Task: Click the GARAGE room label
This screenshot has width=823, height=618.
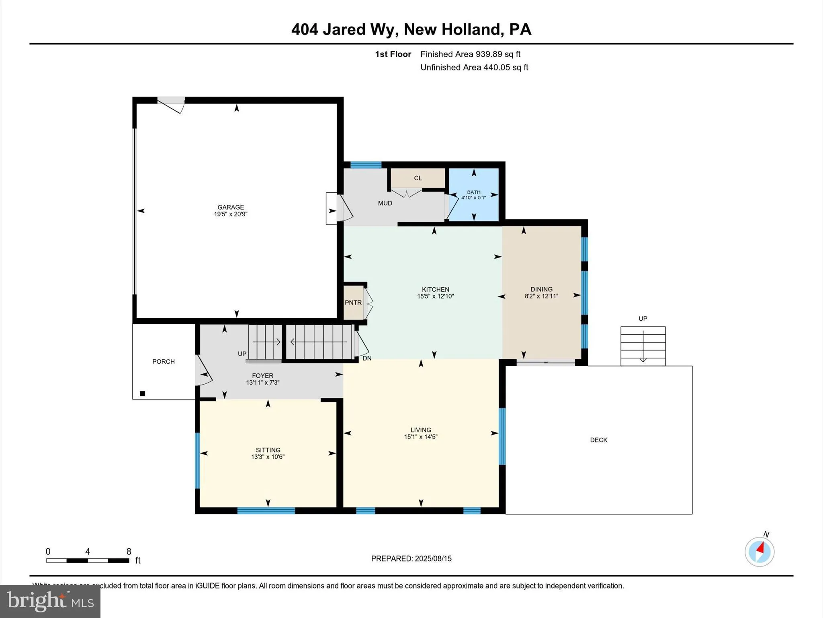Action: [x=231, y=207]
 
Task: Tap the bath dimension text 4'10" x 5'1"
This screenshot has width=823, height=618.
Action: [x=473, y=198]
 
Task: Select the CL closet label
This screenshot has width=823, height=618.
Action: [x=418, y=178]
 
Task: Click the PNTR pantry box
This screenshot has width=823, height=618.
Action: [x=353, y=303]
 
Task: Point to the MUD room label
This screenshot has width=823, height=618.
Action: [x=385, y=203]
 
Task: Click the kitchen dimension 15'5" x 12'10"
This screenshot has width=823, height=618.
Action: [x=435, y=297]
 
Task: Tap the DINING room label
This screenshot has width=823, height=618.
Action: [x=541, y=289]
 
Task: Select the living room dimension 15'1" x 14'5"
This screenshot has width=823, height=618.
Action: [x=421, y=437]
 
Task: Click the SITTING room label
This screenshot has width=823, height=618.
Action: [x=268, y=450]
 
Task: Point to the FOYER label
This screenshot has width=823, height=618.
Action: [x=262, y=376]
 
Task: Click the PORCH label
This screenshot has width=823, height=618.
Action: [x=164, y=362]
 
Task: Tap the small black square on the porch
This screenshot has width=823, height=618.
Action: [x=142, y=394]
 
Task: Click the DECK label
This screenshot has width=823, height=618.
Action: [x=598, y=440]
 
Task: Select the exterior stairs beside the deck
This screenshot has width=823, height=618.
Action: [x=643, y=346]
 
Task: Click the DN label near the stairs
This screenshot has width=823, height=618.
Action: [x=367, y=358]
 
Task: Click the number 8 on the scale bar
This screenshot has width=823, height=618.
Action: [x=129, y=552]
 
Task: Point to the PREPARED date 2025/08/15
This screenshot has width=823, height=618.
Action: [x=433, y=558]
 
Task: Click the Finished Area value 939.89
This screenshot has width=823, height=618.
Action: [x=489, y=54]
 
